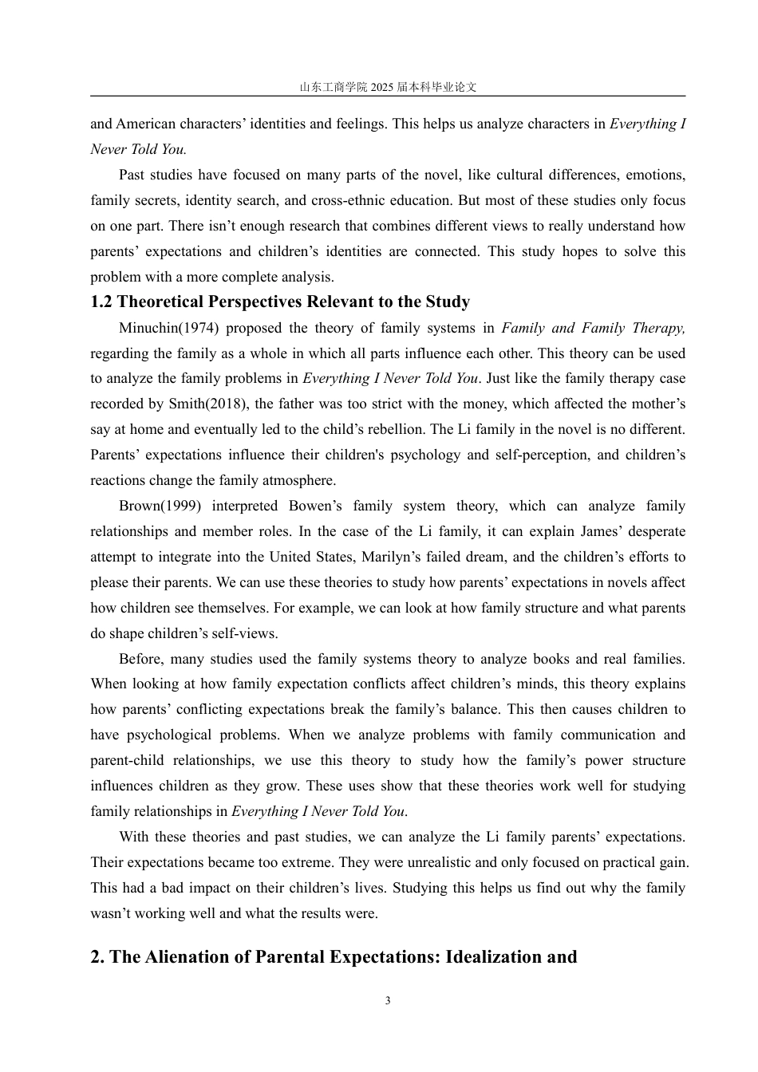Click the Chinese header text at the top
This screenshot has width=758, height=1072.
[x=388, y=87]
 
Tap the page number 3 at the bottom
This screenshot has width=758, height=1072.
[x=388, y=1001]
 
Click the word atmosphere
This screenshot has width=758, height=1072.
[x=298, y=481]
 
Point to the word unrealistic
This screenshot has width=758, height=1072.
[x=420, y=863]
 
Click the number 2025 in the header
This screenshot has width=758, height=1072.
[x=382, y=87]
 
